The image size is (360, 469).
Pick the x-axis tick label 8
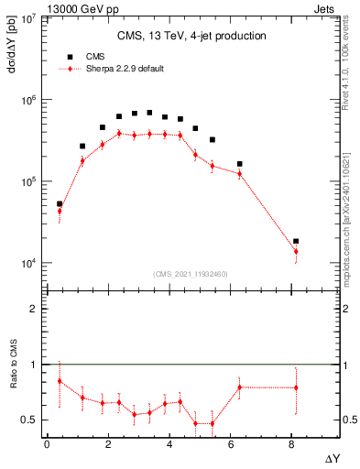click(x=291, y=444)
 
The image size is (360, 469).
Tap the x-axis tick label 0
click(x=47, y=444)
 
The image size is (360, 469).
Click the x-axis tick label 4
click(x=169, y=444)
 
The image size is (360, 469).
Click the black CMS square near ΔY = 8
click(x=295, y=241)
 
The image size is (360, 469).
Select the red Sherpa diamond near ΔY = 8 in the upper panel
click(x=295, y=251)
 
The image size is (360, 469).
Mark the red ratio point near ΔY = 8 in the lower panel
click(x=295, y=387)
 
